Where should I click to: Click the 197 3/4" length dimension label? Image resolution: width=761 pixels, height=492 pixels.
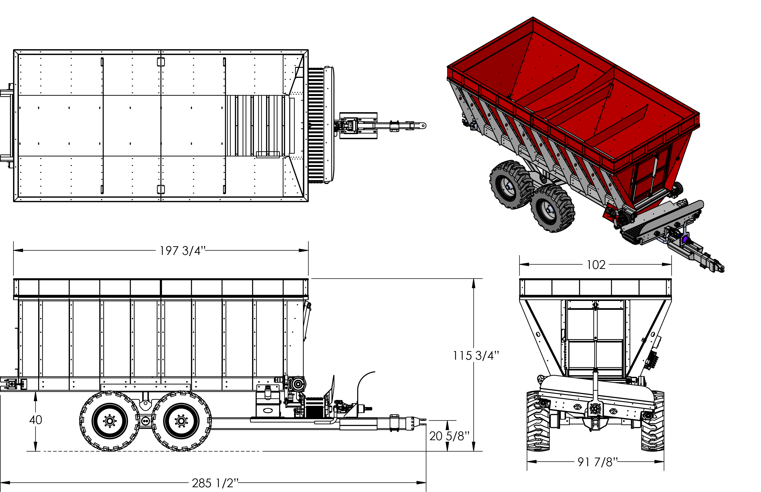182,251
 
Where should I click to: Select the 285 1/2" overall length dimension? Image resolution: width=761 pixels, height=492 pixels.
215,483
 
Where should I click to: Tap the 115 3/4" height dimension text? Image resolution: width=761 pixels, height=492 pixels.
476,356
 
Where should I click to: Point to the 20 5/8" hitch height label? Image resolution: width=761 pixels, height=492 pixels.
449,436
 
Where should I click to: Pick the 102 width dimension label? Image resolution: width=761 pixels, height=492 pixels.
596,265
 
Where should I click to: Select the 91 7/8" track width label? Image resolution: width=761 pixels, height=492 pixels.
598,462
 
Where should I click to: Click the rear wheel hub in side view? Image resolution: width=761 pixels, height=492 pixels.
109,421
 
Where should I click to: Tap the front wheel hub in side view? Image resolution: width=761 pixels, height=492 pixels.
181,421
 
